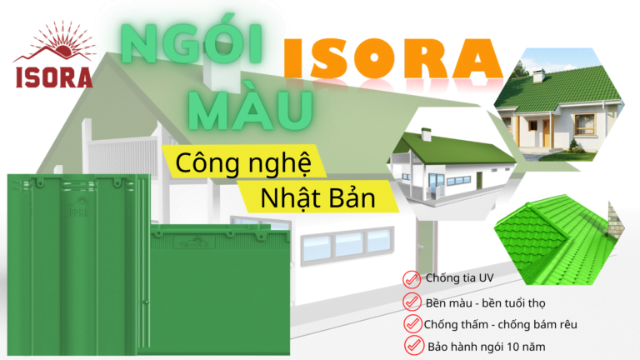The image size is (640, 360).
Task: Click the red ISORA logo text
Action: tap(53, 75)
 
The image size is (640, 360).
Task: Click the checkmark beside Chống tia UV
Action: tap(410, 278)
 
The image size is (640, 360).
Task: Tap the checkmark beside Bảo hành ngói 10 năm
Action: tap(413, 344)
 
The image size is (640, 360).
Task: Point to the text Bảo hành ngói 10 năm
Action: tap(487, 344)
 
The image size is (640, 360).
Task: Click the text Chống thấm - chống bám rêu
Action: tap(502, 323)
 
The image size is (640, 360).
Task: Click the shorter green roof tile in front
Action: tap(221, 292)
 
